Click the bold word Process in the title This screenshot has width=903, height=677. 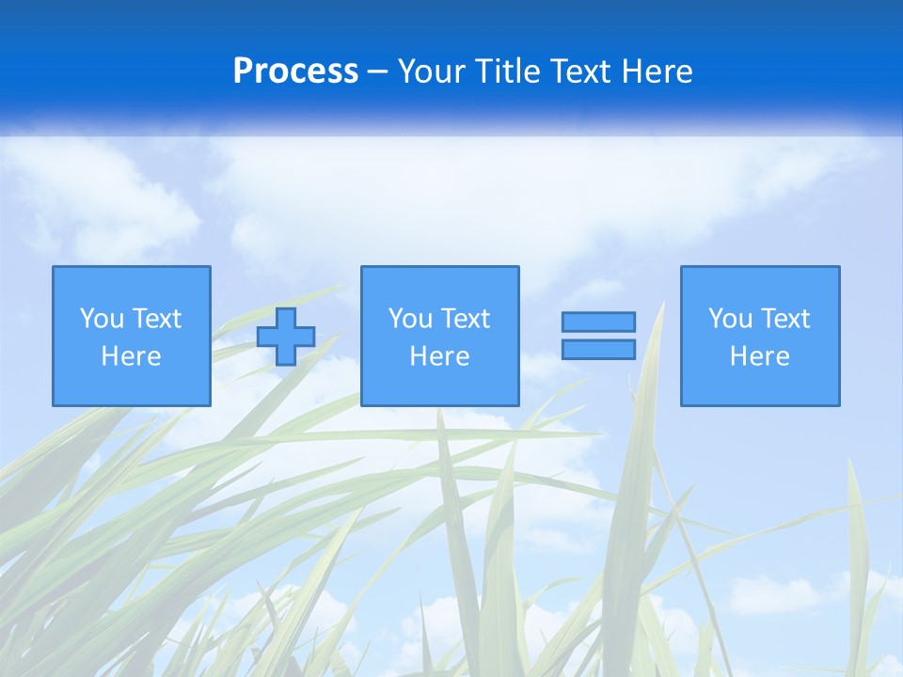295,71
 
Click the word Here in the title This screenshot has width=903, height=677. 658,71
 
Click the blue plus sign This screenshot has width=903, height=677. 286,337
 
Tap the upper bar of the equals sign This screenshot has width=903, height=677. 598,323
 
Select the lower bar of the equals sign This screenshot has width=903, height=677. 598,349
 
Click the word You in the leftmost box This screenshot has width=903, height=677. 102,319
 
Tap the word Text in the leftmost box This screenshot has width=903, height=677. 156,319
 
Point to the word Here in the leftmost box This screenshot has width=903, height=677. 132,356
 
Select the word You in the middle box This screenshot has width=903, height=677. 410,319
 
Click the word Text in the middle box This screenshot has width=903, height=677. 465,319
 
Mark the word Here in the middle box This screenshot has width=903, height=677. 439,356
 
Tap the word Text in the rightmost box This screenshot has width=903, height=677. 784,319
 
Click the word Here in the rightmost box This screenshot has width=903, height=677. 760,356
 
